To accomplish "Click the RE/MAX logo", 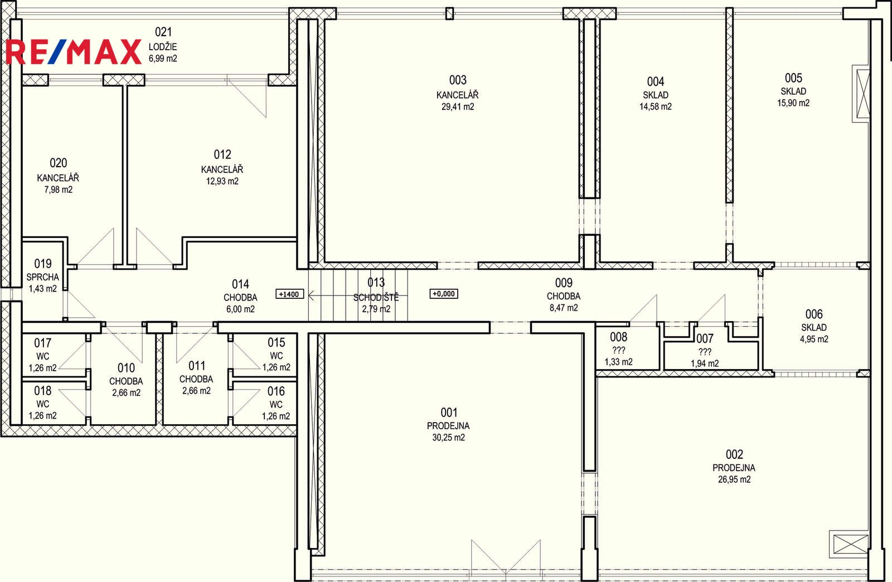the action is [x=74, y=52].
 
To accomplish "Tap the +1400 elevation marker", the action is [x=289, y=294].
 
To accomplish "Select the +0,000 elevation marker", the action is [x=444, y=294].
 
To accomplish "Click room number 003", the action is [x=458, y=80].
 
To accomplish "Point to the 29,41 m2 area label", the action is [x=458, y=106].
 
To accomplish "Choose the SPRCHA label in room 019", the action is [x=42, y=277].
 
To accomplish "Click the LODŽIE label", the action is [x=163, y=47].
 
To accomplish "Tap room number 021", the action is [x=163, y=32].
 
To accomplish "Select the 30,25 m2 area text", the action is [x=448, y=438].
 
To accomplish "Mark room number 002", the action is [x=734, y=454].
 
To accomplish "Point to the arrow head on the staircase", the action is [x=312, y=295].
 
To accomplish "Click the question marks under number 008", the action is [x=618, y=350].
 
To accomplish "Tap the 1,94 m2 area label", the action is [x=705, y=363].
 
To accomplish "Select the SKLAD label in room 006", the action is [x=814, y=328].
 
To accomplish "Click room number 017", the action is [x=42, y=343].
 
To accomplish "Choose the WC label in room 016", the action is [x=276, y=405].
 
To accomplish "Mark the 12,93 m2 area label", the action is [x=222, y=181].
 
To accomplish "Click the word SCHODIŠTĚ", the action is [x=376, y=297].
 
